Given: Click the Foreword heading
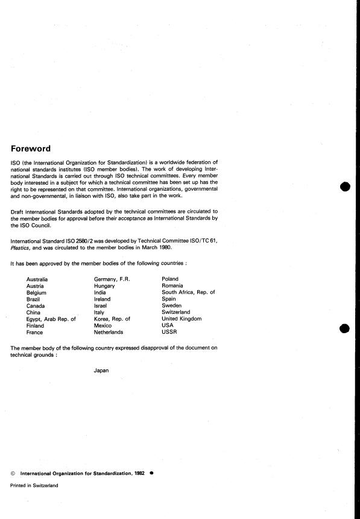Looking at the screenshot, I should click(x=31, y=148).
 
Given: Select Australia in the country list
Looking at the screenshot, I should click(x=37, y=279).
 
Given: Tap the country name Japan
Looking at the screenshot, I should click(x=101, y=370).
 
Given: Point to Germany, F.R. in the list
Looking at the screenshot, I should click(x=112, y=279).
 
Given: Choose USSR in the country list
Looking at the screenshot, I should click(x=169, y=332).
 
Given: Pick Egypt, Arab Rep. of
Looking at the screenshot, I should click(x=51, y=319).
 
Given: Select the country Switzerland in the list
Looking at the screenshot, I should click(x=175, y=312).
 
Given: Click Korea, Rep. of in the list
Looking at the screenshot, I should click(x=112, y=319).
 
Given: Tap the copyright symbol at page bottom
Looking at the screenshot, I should click(x=13, y=474).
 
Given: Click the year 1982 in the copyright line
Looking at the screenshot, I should click(x=140, y=474).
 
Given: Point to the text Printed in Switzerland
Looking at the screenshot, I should click(x=34, y=486).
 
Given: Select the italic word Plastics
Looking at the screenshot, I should click(x=21, y=247).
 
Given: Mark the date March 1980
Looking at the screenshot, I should click(x=157, y=247).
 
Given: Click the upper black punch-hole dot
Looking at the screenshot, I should click(x=345, y=186).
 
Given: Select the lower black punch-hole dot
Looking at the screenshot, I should click(x=345, y=329).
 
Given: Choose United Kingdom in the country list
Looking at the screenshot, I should click(x=182, y=319).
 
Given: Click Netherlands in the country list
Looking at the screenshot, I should click(x=109, y=332).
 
